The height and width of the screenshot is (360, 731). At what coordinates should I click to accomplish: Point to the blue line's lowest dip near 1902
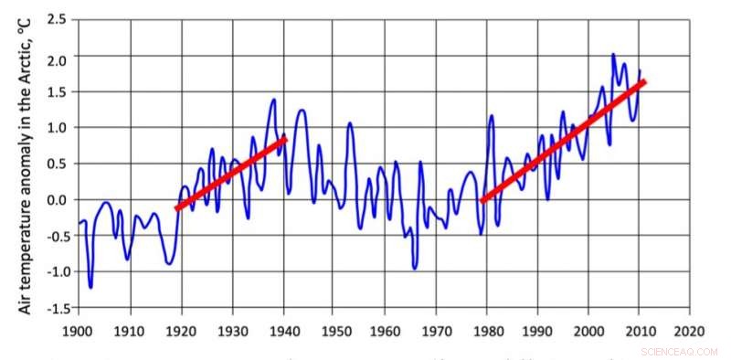tap(90, 287)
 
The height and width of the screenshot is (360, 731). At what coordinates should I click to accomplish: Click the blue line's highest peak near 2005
tap(613, 55)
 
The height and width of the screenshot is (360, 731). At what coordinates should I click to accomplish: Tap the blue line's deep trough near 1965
tap(415, 268)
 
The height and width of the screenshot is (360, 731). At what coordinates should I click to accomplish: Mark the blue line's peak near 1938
tap(273, 100)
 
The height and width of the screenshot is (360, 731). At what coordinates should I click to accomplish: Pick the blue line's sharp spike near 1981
tap(492, 116)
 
